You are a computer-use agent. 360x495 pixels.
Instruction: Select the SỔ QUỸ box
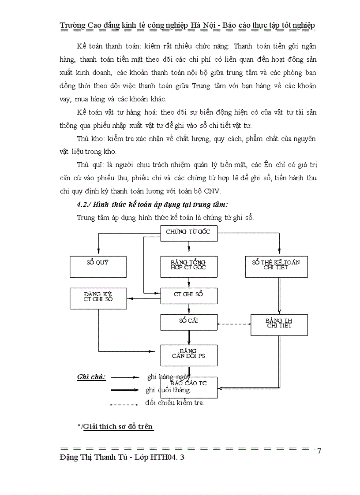(98, 267)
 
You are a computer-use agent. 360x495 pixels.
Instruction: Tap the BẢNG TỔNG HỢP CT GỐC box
(189, 267)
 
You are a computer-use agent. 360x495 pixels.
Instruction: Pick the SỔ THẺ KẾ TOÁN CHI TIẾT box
(276, 267)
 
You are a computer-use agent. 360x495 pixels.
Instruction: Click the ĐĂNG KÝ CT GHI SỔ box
(98, 298)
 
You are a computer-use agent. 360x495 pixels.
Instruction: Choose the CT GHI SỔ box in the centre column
(189, 295)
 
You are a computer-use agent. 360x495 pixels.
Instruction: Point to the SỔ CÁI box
(189, 322)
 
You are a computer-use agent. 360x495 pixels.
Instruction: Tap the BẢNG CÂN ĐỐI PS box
(189, 355)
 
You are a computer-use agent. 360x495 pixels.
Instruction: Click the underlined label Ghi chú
(91, 377)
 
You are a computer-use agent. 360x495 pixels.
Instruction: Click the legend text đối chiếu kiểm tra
(175, 402)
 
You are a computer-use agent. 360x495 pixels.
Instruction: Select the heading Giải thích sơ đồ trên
(118, 426)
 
